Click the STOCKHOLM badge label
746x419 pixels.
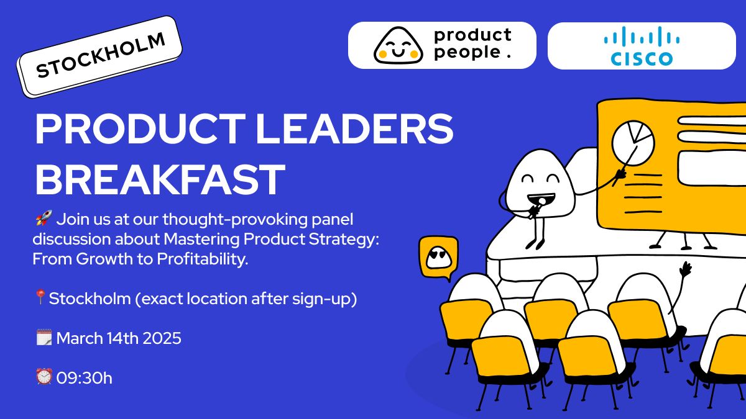(99, 56)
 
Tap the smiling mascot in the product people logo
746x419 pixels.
(398, 46)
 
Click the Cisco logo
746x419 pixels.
(642, 46)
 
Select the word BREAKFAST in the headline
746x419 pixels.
(160, 179)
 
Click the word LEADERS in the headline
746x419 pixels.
(354, 128)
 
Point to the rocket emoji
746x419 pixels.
(44, 218)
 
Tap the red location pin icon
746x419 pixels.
(40, 297)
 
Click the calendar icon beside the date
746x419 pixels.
(44, 337)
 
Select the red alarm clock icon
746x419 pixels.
(44, 377)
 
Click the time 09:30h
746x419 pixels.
(85, 378)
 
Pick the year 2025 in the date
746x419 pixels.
(162, 338)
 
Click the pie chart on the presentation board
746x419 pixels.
(633, 143)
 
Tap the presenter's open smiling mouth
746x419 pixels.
(541, 199)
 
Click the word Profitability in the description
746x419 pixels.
(203, 259)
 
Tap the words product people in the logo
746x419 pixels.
(472, 44)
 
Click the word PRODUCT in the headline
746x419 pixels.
(140, 128)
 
